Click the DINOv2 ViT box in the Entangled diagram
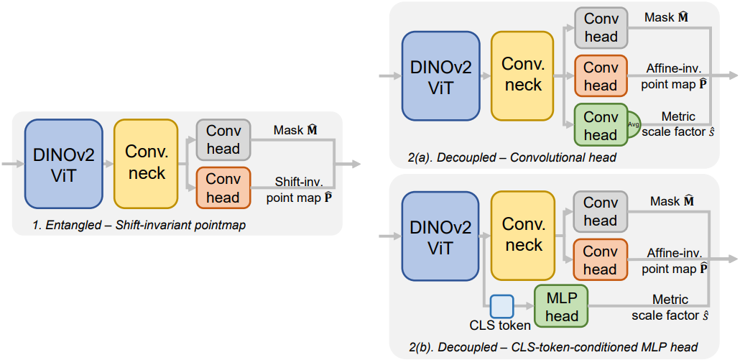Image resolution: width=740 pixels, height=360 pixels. point(63,164)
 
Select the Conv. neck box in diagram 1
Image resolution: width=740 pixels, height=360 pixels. point(146,164)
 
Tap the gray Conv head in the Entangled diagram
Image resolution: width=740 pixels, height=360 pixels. point(223,140)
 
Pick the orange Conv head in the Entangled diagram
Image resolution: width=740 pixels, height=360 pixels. point(223,188)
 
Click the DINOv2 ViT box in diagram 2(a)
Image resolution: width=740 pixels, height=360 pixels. point(440,75)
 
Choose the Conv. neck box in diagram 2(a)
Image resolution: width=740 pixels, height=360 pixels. point(523,75)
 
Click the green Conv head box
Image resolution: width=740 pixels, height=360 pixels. point(600,126)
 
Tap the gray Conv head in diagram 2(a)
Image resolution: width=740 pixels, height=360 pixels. point(600,29)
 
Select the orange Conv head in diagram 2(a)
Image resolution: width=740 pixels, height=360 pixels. point(600,76)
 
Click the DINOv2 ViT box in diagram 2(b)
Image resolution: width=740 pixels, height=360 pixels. point(440,236)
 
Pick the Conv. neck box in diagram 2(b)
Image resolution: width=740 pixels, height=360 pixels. point(523,236)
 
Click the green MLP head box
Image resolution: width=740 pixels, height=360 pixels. point(561,307)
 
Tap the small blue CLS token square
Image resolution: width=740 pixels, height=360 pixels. point(502,307)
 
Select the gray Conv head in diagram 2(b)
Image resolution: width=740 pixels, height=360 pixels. point(600,212)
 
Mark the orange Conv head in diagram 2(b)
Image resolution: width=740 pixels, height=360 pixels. point(600,260)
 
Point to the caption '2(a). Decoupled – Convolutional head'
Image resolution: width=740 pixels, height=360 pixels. point(514,157)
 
